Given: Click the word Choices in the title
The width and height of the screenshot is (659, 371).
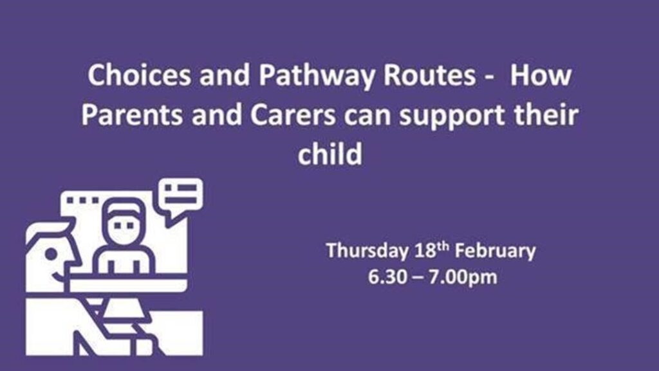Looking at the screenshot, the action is click(140, 75).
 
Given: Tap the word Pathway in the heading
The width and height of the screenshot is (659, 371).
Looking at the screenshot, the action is click(316, 77).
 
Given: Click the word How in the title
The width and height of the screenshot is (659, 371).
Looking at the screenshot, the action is click(541, 75).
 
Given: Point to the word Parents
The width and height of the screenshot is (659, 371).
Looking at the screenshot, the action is click(131, 115).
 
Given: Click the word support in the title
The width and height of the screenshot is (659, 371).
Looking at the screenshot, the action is click(452, 116).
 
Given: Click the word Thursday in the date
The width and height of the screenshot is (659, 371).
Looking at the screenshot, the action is click(367, 251).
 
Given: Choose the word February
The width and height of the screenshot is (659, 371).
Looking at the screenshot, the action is click(496, 251).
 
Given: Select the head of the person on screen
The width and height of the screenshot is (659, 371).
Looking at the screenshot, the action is click(124, 222).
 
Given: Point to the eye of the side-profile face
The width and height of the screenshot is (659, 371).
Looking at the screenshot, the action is click(51, 254).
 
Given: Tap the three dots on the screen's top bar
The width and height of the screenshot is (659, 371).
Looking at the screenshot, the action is click(83, 200).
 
